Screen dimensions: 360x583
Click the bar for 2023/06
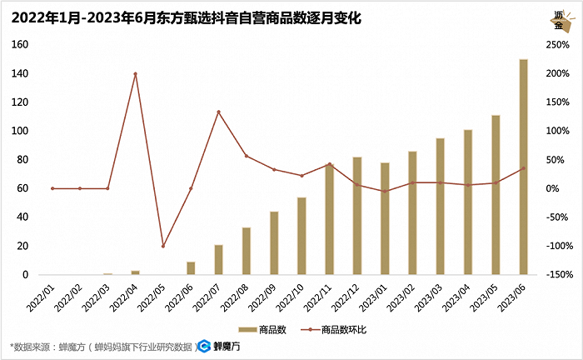tap(524, 167)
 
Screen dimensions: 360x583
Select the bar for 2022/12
tap(357, 216)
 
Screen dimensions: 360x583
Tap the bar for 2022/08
tap(247, 251)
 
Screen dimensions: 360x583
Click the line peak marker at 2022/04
tap(135, 74)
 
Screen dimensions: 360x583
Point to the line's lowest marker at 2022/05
tap(163, 246)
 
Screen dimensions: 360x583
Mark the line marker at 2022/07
tap(218, 112)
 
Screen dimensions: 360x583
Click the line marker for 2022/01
tap(52, 188)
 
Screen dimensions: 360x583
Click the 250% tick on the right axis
tap(557, 45)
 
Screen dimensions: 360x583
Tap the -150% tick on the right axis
tap(556, 275)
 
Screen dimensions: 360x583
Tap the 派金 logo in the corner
tap(559, 19)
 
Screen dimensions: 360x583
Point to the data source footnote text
tap(100, 347)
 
